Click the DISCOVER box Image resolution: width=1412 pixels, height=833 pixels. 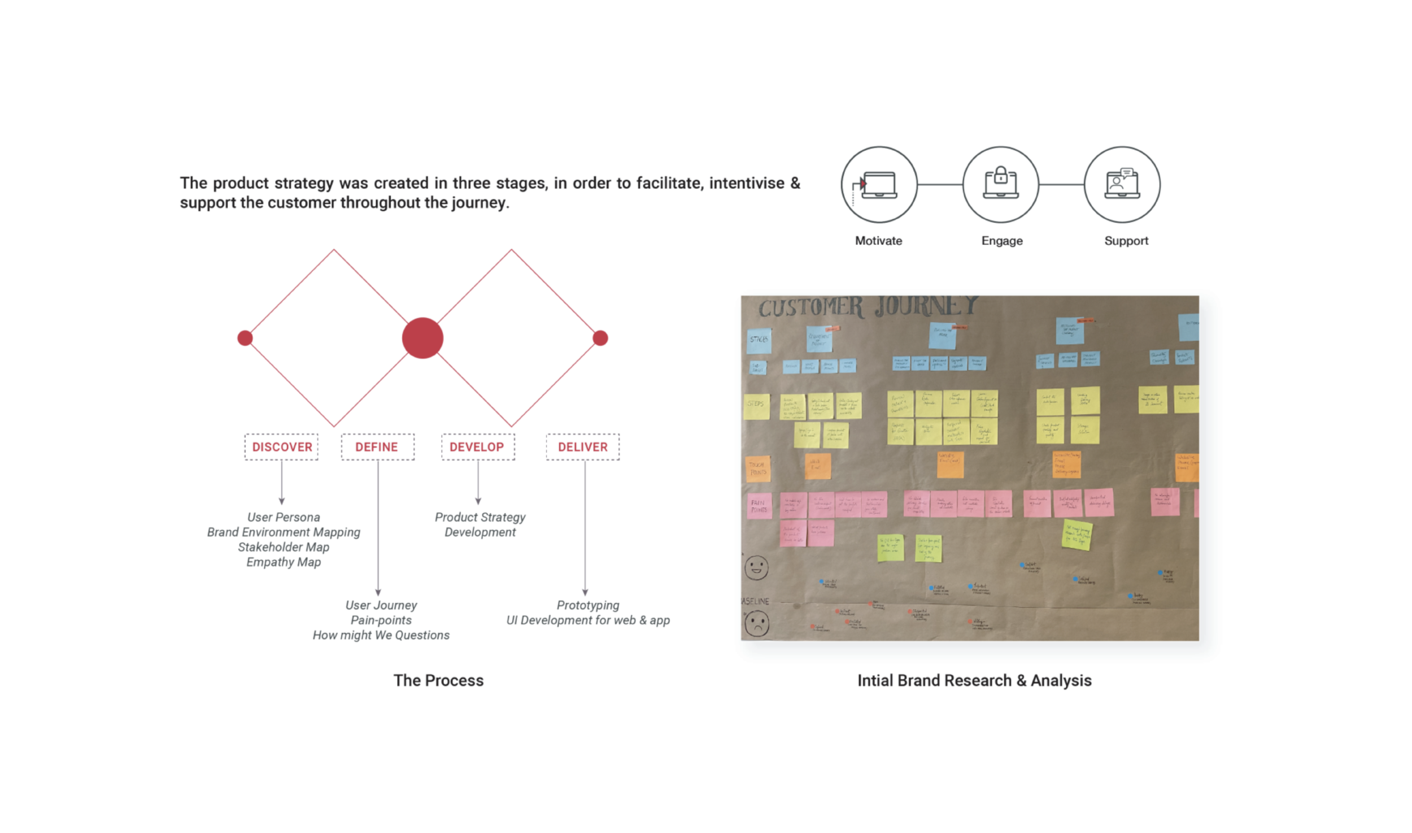point(281,446)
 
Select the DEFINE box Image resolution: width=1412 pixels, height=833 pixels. point(377,446)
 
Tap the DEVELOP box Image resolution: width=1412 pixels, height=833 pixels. point(477,446)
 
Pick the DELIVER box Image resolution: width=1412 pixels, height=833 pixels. point(582,446)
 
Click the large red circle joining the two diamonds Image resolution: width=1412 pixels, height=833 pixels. point(422,338)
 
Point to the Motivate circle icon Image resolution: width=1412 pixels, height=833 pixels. point(879,184)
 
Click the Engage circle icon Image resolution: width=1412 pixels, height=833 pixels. point(1000,184)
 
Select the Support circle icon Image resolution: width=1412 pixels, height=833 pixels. point(1122,184)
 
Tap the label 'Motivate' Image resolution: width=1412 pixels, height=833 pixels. point(878,241)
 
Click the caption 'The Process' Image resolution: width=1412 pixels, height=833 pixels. point(438,680)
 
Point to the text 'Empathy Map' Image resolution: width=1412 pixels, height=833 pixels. point(284,562)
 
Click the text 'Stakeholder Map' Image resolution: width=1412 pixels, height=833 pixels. point(284,547)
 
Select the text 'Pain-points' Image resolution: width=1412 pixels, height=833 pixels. point(381,620)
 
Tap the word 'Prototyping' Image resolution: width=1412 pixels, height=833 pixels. point(588,605)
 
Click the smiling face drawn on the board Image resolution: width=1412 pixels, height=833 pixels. point(756,567)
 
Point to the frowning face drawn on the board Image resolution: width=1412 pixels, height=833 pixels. point(757,623)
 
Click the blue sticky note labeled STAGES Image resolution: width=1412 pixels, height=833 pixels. point(759,340)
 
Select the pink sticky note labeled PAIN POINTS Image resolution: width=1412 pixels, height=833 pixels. point(759,505)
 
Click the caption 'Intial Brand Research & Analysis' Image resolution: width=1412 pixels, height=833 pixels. point(974,680)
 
